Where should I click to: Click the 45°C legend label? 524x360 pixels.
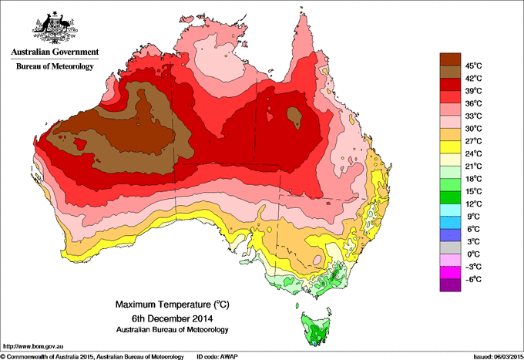472,66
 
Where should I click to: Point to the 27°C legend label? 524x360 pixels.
472,141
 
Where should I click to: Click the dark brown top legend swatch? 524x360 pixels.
450,59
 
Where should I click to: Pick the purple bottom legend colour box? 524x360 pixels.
450,285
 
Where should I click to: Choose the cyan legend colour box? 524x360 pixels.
450,210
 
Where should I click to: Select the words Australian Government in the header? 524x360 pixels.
54,53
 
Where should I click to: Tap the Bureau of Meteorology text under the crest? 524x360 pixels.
54,67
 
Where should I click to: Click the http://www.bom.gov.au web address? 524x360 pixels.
32,345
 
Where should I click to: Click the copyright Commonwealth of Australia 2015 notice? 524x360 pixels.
92,355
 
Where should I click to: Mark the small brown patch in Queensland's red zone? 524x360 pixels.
293,116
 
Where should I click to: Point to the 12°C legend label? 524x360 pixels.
472,204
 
